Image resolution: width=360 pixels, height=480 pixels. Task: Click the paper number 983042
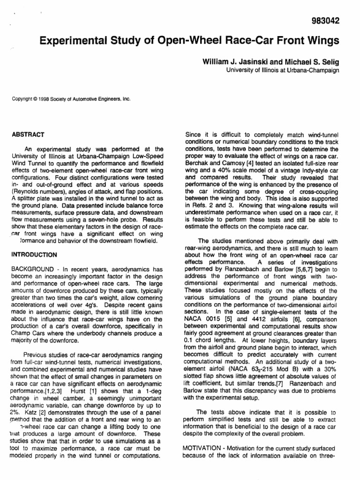[x=322, y=21]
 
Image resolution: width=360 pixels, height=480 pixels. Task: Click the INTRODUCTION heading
[x=34, y=255]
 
